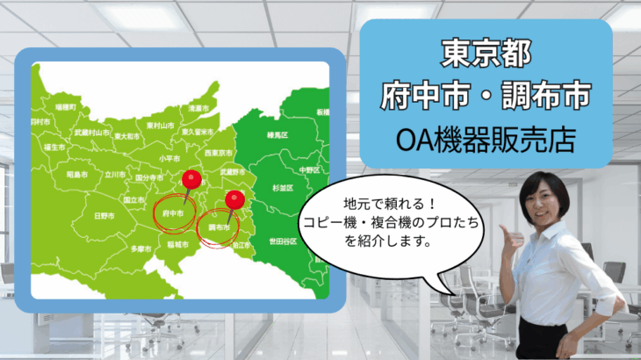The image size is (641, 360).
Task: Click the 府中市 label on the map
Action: (173, 212)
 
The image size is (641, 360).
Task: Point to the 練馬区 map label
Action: (278, 134)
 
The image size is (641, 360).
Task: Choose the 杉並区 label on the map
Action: (281, 188)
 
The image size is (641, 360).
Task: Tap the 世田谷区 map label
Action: (281, 239)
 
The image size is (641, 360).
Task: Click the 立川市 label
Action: (115, 175)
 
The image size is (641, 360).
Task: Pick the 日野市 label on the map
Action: (104, 214)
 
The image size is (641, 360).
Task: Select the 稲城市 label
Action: (180, 244)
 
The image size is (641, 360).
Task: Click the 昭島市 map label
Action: (76, 175)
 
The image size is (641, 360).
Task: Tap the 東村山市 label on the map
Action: (160, 126)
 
